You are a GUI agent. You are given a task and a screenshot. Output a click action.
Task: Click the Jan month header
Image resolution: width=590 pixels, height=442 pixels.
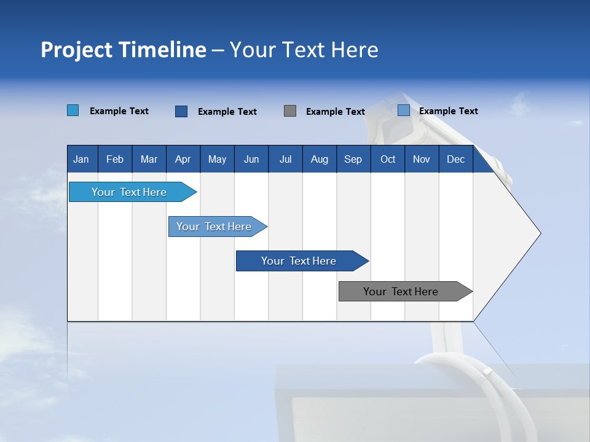82,159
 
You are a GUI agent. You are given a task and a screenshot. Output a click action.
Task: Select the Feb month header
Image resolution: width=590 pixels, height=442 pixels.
115,159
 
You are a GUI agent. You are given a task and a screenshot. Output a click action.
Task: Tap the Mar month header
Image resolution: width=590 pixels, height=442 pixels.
149,159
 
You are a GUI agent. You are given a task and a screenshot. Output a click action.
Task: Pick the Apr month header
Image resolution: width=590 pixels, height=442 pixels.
183,159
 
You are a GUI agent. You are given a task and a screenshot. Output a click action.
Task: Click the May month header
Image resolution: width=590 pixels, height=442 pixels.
217,159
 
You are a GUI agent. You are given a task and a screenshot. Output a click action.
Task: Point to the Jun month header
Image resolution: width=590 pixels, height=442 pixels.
251,159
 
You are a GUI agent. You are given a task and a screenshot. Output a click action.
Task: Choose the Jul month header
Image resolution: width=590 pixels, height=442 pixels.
285,159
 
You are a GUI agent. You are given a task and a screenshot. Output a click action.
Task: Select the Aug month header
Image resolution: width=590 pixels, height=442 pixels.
320,159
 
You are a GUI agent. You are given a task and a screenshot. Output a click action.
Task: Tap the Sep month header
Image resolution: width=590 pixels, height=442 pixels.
353,159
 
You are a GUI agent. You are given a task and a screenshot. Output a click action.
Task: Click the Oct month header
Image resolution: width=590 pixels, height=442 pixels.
388,159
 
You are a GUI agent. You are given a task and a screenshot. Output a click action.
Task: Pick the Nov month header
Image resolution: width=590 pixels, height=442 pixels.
422,159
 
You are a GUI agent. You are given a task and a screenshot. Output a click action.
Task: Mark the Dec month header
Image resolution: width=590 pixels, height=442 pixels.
456,159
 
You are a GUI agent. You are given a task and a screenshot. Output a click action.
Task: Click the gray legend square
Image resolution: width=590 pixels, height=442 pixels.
290,111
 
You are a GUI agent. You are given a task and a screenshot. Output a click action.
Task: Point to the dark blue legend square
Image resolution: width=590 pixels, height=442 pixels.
181,111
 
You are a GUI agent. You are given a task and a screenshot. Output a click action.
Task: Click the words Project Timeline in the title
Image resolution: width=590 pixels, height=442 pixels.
124,50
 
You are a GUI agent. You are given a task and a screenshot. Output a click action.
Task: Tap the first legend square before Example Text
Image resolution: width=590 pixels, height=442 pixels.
73,110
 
